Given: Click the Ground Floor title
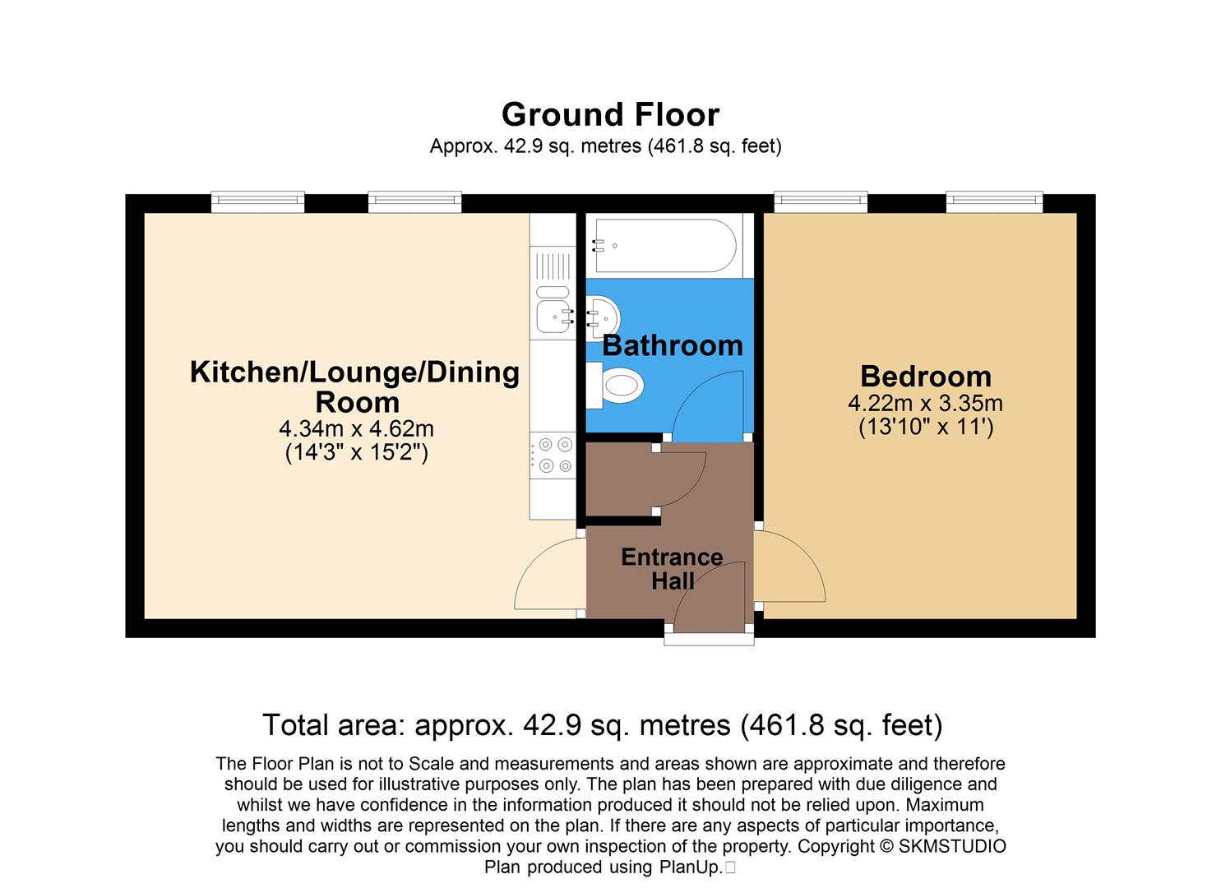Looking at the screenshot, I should point(610,114).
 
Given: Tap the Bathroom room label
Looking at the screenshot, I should point(672,345).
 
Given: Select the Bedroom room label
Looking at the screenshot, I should point(925,377).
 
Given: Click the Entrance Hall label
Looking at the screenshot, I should point(672,569).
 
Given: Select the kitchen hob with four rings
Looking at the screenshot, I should point(552,456).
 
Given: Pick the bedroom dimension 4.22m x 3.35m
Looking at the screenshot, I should point(925,404).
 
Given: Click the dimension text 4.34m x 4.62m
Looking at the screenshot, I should point(356,429).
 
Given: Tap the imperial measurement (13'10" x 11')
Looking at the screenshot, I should point(925,428).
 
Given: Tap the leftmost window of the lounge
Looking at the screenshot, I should point(257,201).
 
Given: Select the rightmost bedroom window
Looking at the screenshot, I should point(993,201).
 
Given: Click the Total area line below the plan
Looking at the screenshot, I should point(602,725).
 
